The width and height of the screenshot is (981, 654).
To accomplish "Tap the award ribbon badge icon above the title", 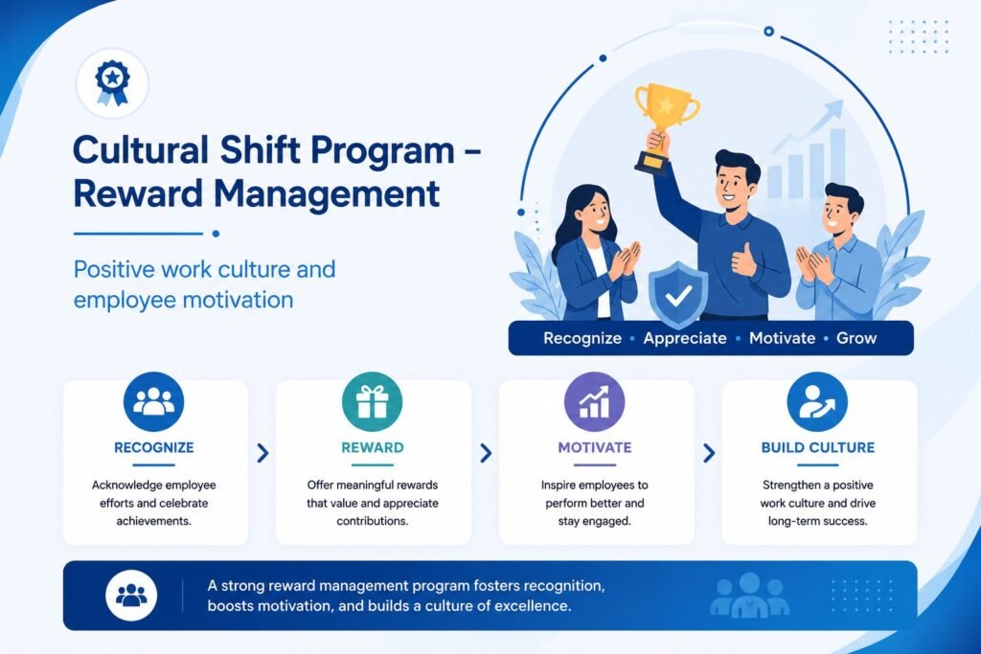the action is [112, 82].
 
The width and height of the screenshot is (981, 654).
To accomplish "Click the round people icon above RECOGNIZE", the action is [154, 401].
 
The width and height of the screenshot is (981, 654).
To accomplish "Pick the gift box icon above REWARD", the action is [373, 401].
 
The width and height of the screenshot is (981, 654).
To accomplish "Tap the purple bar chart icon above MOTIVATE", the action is [594, 401].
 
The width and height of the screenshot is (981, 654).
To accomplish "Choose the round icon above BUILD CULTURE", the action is [817, 401].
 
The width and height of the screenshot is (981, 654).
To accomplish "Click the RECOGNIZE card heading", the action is [154, 448].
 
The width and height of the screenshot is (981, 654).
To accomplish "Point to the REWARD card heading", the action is [373, 448].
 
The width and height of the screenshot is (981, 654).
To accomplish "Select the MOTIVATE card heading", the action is [594, 448].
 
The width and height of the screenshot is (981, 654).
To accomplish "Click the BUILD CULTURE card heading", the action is [818, 448].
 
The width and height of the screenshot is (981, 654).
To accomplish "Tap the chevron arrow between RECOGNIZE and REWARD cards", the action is [262, 453].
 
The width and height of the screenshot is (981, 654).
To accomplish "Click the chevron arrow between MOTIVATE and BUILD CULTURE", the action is [709, 453].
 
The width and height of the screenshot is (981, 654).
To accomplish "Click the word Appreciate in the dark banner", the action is [685, 338].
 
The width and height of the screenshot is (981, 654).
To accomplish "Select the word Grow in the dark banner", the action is [856, 338].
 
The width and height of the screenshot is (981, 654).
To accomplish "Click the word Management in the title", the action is [327, 193].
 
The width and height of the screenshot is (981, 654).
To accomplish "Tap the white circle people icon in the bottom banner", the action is [131, 595].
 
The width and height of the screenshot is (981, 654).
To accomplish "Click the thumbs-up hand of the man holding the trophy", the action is [743, 259].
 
